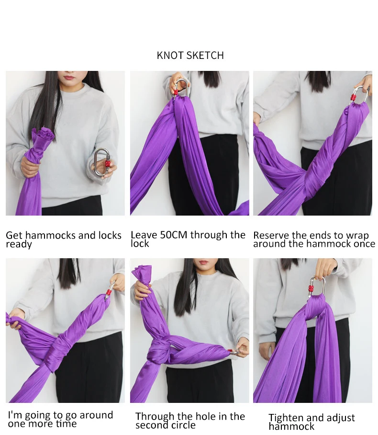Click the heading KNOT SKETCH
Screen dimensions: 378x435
point(190,55)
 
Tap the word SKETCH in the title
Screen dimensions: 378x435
point(205,55)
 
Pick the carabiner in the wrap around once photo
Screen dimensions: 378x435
point(360,96)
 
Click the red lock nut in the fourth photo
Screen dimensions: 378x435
point(109,292)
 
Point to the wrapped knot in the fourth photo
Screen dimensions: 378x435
point(57,352)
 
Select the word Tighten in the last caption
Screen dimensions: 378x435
point(286,418)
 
